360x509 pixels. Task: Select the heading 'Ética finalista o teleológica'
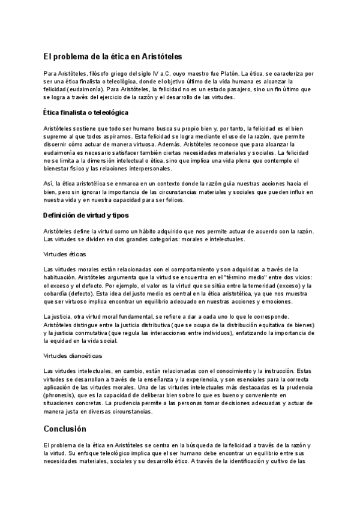pyautogui.click(x=86, y=112)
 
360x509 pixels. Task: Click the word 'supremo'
pyautogui.click(x=56, y=137)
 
